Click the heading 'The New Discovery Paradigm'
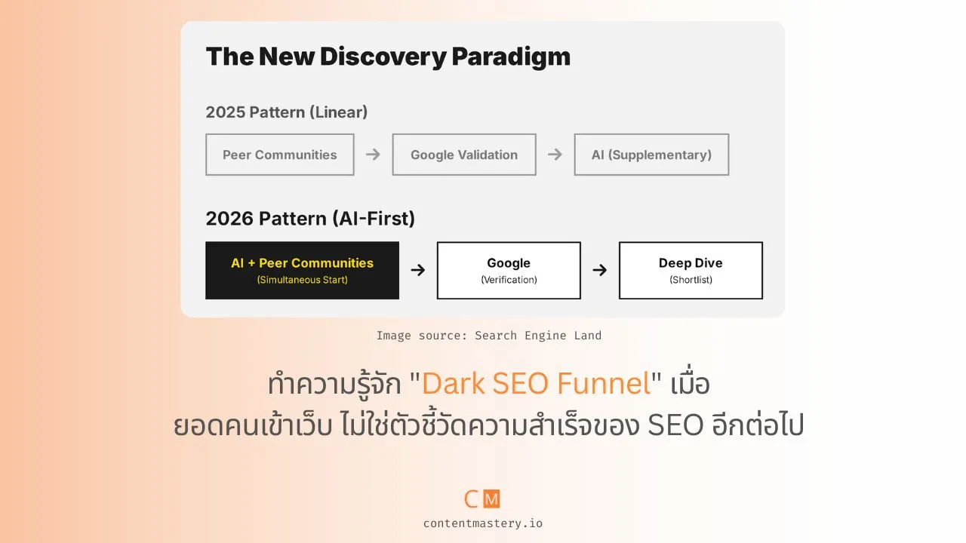click(388, 57)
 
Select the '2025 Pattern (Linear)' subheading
click(286, 112)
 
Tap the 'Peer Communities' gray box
click(279, 155)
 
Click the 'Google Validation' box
click(463, 155)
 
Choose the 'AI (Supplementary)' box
click(651, 155)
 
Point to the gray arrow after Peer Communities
click(373, 155)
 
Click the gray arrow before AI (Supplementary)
click(555, 155)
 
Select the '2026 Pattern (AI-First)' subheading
click(310, 219)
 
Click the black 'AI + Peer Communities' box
click(302, 270)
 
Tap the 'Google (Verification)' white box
click(509, 270)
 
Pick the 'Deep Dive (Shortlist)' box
click(691, 270)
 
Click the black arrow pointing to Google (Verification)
click(417, 270)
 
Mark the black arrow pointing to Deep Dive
click(599, 270)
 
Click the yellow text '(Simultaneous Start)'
click(302, 280)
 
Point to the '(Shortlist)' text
click(691, 280)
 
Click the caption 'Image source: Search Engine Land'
click(488, 336)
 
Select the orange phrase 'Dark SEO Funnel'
click(536, 384)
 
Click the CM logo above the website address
click(482, 499)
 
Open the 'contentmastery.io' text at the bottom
click(482, 523)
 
